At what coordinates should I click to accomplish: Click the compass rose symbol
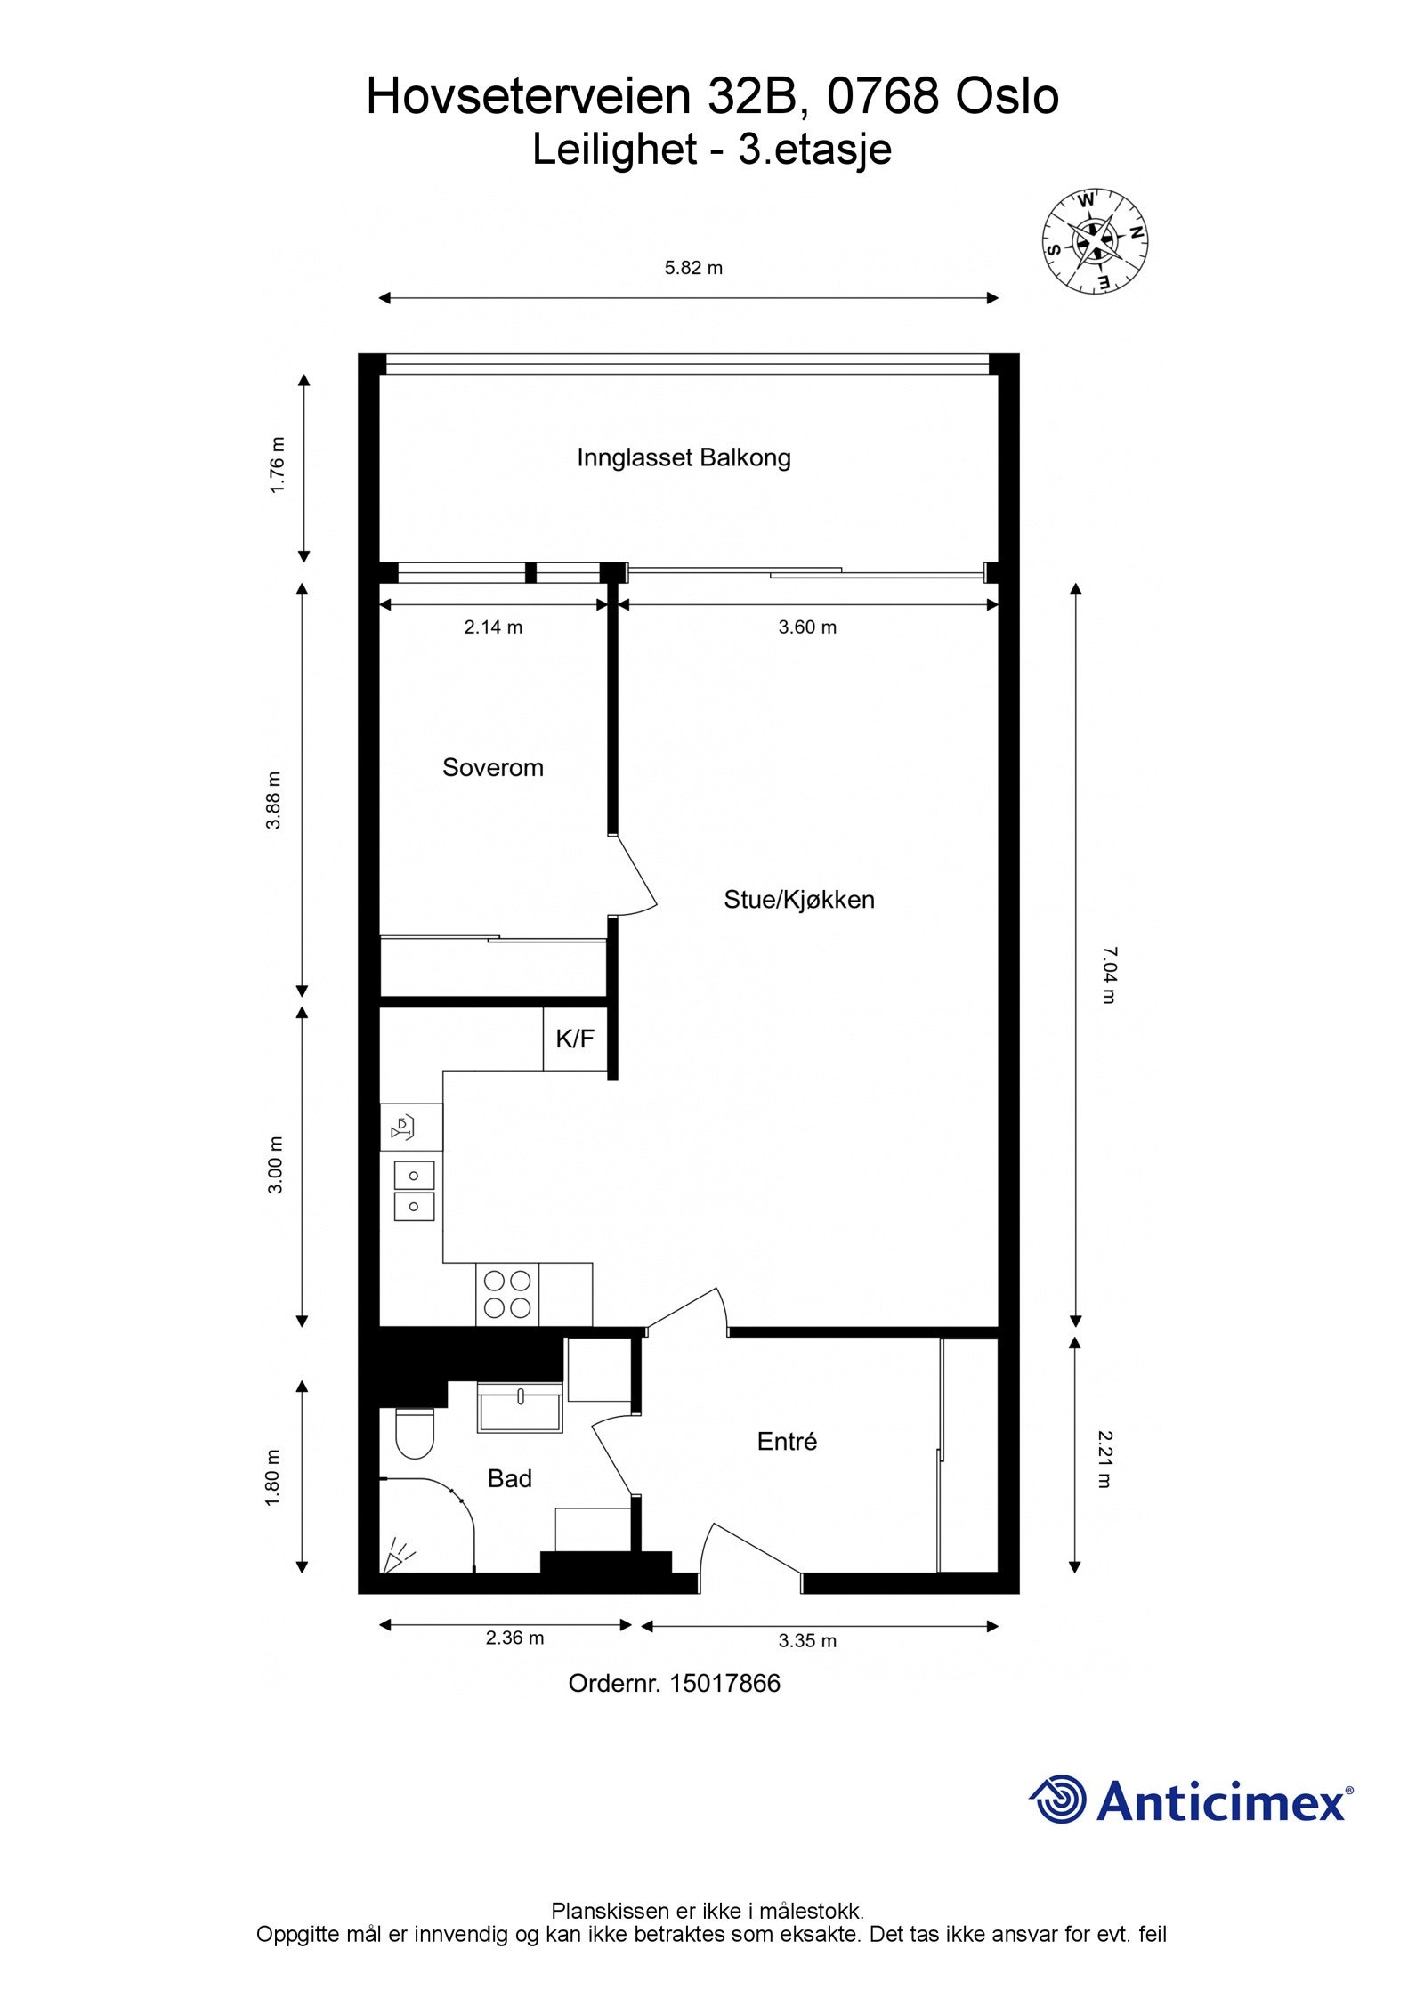1094,240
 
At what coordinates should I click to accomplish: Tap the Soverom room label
492,767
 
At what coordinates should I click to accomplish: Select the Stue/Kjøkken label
798,900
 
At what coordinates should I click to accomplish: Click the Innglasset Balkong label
684,457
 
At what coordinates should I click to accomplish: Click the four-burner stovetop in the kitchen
507,1294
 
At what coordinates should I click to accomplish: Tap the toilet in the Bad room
414,1433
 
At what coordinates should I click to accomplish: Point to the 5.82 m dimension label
693,267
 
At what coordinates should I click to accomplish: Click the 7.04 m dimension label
1106,975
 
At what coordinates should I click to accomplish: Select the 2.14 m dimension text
493,627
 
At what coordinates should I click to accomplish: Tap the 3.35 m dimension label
807,1640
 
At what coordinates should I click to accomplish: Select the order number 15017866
724,1683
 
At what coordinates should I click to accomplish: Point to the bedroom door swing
635,881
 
